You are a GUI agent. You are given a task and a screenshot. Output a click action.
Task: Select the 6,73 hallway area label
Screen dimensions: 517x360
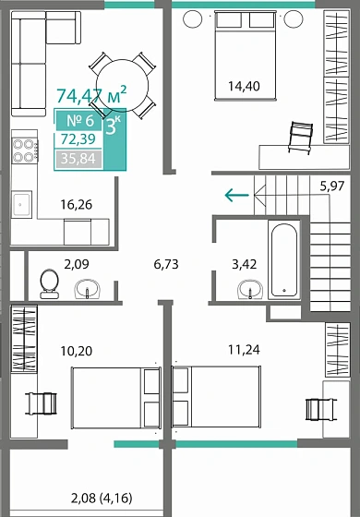[166, 264]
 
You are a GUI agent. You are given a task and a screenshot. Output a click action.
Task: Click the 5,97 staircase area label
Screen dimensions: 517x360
[332, 186]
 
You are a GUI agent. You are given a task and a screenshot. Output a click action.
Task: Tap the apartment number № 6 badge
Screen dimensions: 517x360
[78, 120]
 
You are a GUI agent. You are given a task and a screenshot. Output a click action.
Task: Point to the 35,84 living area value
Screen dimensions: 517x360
[79, 158]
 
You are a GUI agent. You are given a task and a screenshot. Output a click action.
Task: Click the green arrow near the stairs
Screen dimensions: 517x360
[236, 194]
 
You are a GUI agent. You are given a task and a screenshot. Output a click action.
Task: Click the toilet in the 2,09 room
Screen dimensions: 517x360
[49, 283]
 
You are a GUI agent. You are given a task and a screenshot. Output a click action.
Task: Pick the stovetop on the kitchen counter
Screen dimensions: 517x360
[23, 151]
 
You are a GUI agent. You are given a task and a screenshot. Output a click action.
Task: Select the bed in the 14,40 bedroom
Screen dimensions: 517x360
[243, 48]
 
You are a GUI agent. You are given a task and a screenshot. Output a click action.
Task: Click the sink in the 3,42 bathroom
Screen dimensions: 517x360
[249, 292]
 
